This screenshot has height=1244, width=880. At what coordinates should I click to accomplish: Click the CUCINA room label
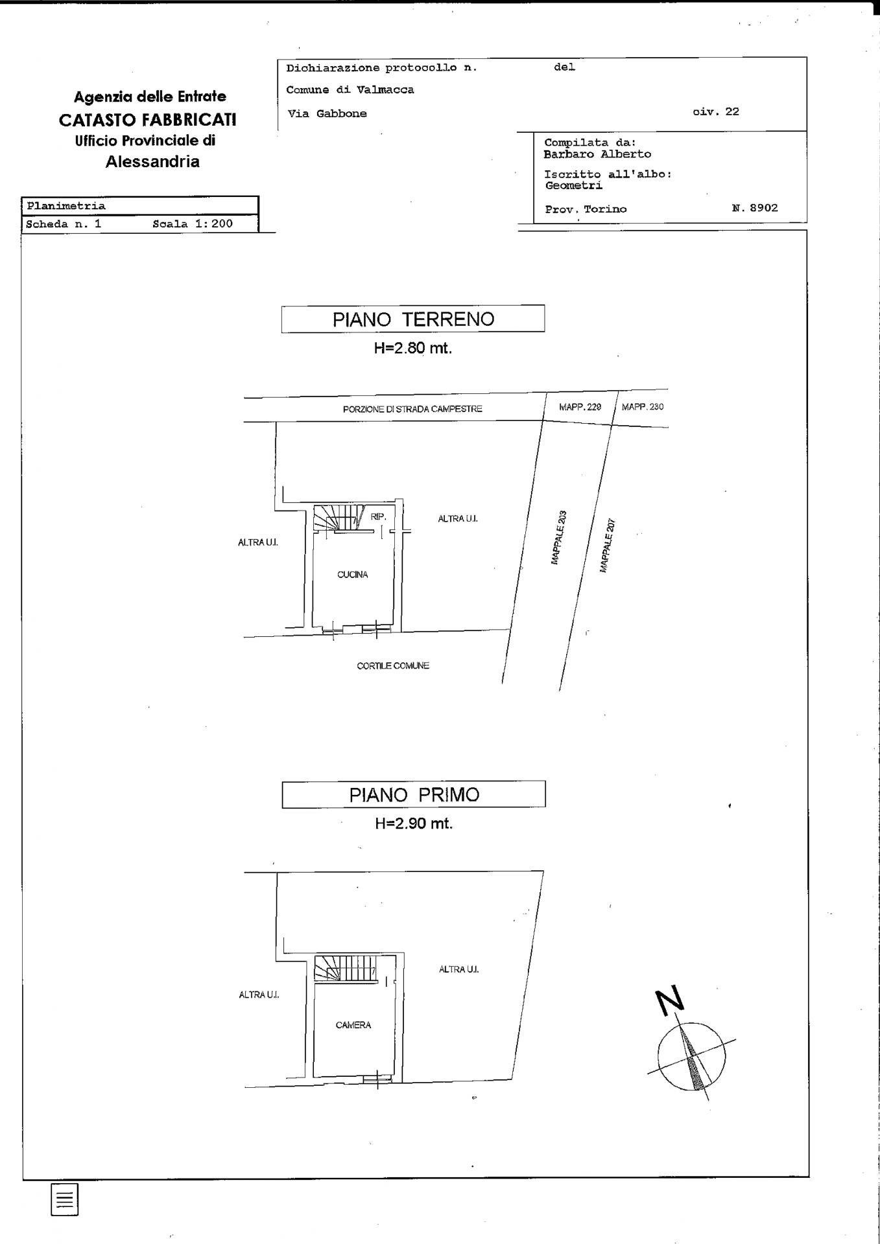[352, 575]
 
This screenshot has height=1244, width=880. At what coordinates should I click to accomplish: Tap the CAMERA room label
[353, 1025]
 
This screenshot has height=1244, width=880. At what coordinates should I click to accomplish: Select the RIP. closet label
[379, 517]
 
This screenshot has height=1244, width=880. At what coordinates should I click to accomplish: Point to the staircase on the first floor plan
[345, 968]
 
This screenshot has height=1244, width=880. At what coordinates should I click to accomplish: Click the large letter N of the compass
[670, 1001]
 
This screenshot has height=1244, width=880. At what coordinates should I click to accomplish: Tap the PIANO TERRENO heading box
[413, 319]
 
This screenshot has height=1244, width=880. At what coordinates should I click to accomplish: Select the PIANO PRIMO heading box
[414, 795]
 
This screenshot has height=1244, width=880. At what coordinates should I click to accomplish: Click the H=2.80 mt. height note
[413, 348]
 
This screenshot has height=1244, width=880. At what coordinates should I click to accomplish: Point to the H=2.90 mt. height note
[414, 824]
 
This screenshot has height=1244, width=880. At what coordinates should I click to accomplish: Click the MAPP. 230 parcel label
[643, 407]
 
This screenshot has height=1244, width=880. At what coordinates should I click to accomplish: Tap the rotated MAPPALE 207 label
[607, 545]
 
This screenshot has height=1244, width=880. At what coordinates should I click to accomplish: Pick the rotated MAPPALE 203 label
[559, 537]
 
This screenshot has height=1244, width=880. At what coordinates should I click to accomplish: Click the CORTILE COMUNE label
[393, 665]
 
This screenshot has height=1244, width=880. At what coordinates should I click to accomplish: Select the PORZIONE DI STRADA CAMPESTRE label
[412, 409]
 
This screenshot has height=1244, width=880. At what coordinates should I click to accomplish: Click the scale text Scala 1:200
[193, 224]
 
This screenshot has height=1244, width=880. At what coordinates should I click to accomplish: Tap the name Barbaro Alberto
[597, 154]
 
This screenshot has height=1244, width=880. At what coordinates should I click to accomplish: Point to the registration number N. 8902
[754, 208]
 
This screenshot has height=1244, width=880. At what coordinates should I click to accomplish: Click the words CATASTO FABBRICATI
[148, 120]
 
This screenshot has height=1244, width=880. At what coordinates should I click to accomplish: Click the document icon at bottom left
[64, 1199]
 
